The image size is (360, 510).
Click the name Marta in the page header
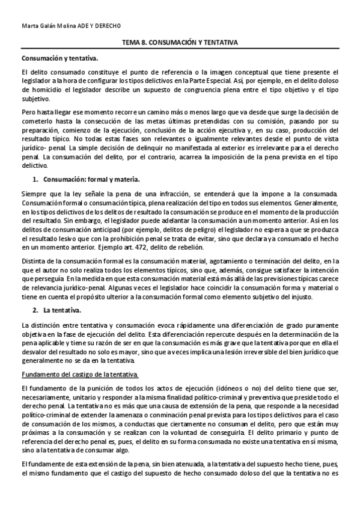point(29,26)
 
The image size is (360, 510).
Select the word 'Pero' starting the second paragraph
point(29,112)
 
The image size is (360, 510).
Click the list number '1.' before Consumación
point(36,180)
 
